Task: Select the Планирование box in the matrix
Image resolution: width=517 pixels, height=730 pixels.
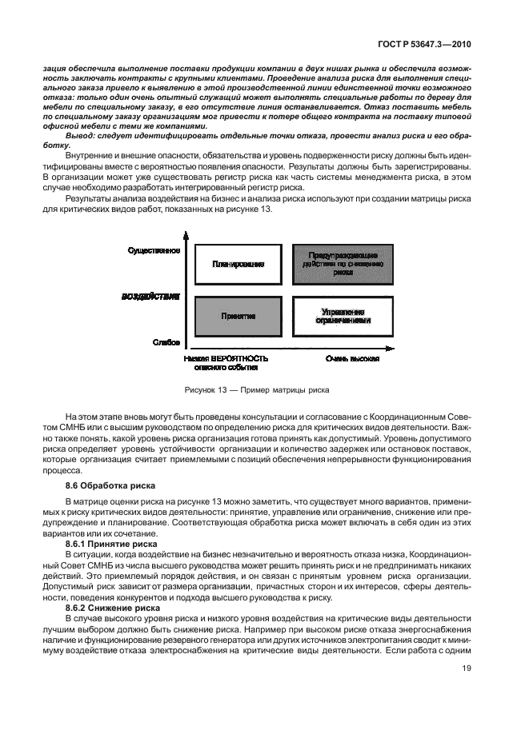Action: point(238,263)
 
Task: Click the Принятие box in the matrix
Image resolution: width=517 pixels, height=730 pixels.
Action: point(238,316)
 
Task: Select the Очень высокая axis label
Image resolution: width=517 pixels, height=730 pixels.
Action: point(351,358)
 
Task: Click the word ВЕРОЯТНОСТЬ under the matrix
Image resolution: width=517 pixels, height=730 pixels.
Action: point(238,358)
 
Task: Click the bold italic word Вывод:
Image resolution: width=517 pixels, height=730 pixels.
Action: point(80,138)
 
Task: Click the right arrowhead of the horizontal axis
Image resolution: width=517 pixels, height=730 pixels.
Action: point(391,348)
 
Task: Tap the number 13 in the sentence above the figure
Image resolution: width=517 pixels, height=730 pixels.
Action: point(267,209)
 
